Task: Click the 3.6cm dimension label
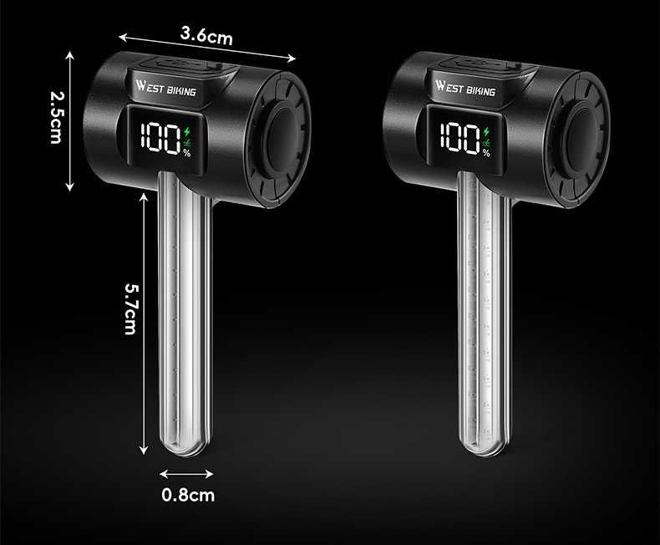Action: (x=206, y=35)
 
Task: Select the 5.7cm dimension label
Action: (x=130, y=308)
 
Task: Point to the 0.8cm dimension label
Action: (x=188, y=495)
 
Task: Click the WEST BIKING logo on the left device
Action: (x=166, y=88)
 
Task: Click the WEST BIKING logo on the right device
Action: (x=465, y=88)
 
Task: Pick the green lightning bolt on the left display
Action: (x=187, y=132)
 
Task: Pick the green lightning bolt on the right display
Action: (x=487, y=132)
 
